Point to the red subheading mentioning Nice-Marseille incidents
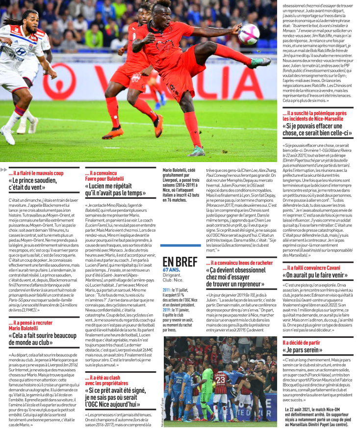(314, 116)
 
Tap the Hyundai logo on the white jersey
(21, 51)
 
